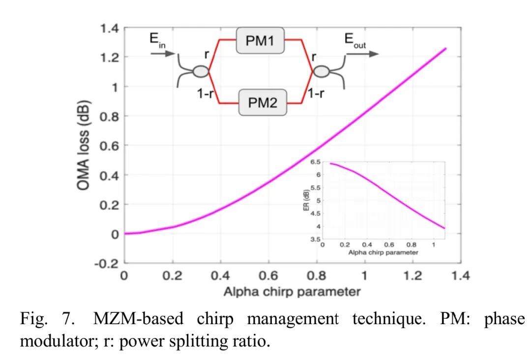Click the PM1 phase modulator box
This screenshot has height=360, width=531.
click(260, 40)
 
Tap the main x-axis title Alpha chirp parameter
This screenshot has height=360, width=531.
click(292, 292)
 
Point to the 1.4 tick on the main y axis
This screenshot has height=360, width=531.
click(109, 29)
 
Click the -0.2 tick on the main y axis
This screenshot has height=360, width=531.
click(107, 263)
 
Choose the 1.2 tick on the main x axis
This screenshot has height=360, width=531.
click(413, 275)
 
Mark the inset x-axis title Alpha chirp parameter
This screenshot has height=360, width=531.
click(383, 252)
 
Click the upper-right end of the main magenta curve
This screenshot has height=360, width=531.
click(445, 48)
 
